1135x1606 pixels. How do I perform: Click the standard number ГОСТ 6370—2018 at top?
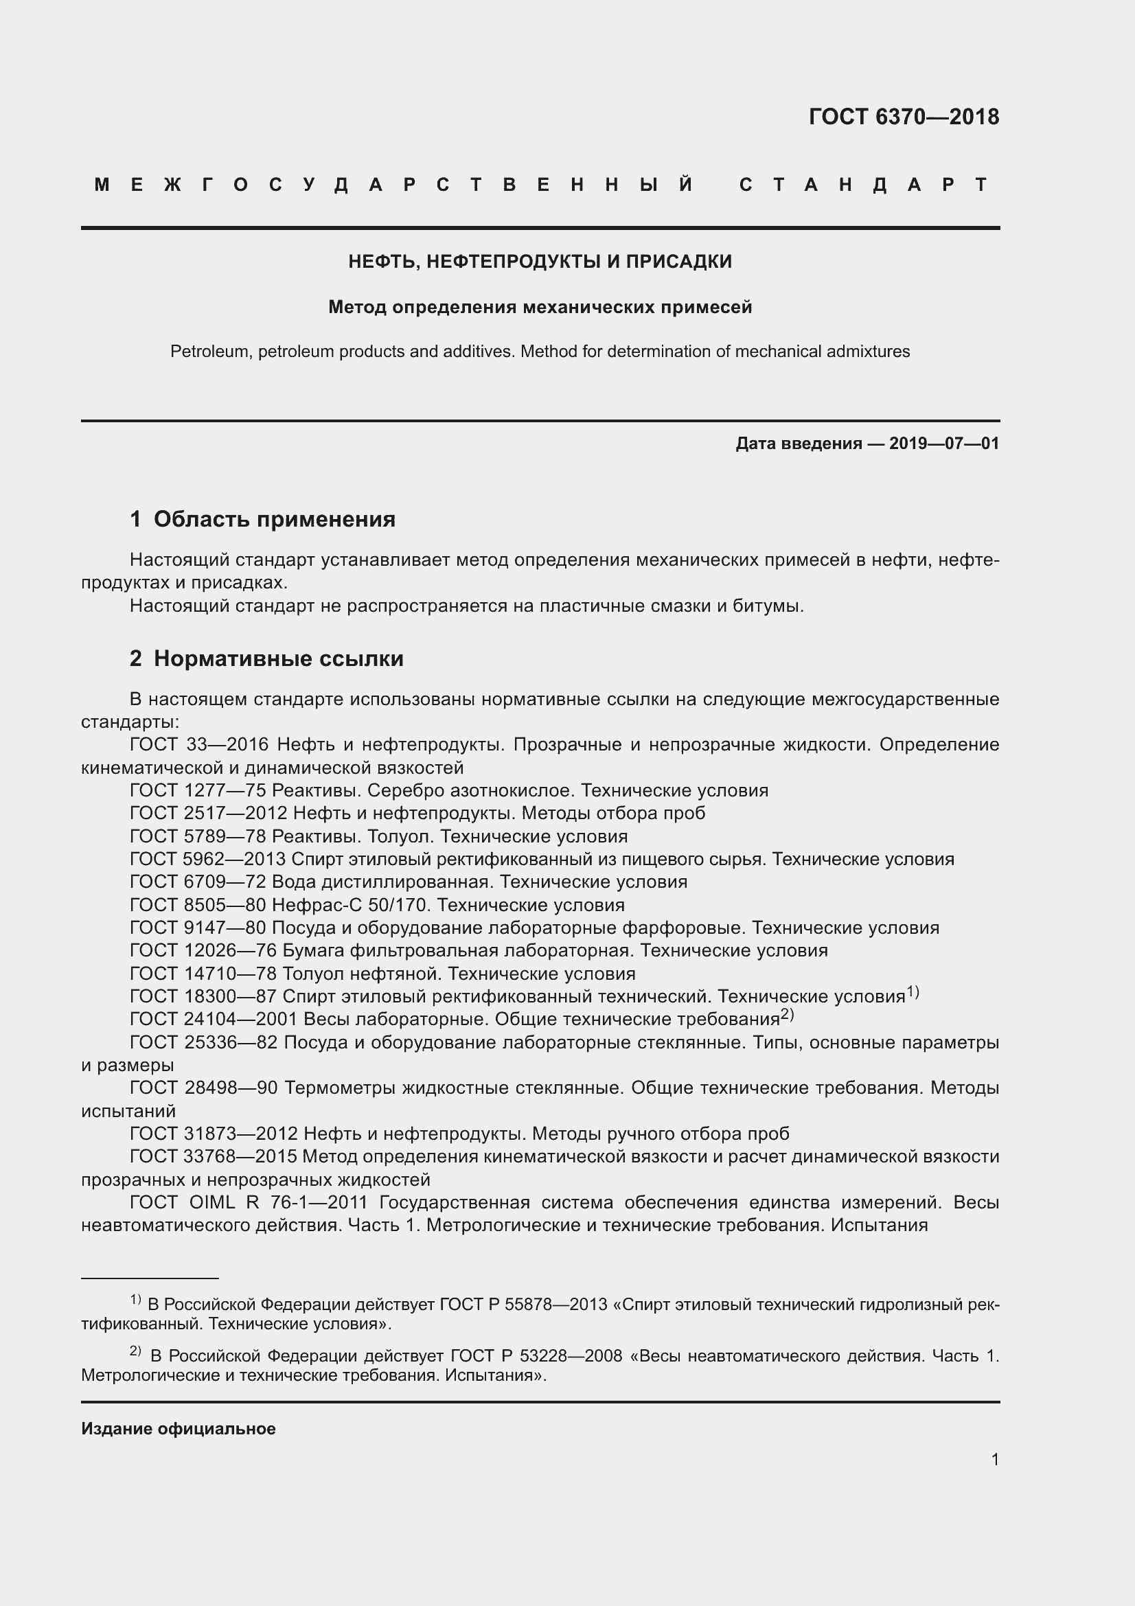point(904,117)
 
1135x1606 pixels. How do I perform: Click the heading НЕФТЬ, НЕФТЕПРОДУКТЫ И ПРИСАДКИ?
point(540,262)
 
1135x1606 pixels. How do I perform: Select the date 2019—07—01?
point(944,444)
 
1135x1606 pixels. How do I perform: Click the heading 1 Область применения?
point(262,519)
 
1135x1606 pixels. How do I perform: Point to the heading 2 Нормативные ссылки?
point(266,658)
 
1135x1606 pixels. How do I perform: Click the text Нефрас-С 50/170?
point(351,905)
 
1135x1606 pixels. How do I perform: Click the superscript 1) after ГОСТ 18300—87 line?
point(913,991)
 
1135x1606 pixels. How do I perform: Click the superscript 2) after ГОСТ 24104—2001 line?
point(788,1014)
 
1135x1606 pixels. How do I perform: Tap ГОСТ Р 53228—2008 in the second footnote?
point(536,1355)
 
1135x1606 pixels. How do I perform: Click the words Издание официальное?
point(179,1429)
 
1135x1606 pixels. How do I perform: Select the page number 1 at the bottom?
point(995,1459)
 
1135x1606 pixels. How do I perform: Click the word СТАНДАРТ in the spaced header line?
point(864,185)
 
